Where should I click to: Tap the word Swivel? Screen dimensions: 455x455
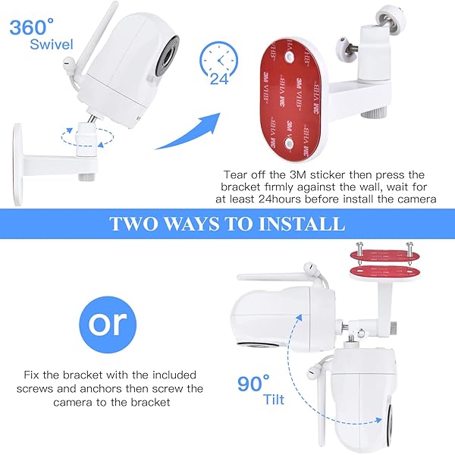tap(52, 45)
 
